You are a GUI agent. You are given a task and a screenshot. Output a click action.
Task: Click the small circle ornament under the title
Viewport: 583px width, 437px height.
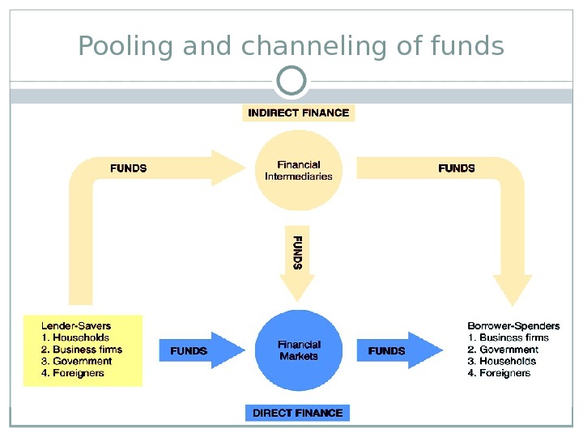tap(291, 81)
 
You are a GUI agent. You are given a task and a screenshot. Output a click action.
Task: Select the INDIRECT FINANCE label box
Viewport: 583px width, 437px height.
tap(299, 112)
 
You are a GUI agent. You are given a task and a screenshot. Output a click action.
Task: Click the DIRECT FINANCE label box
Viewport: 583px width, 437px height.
tap(297, 413)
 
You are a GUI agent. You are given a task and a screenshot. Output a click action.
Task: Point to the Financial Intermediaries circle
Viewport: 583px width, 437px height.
tap(298, 170)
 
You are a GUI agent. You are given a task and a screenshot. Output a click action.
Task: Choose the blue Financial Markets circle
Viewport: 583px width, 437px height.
tap(298, 350)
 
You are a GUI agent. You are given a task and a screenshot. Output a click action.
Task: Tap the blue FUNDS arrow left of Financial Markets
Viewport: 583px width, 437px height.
tap(199, 350)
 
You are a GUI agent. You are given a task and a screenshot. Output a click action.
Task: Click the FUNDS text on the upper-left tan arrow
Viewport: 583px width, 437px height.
tap(128, 168)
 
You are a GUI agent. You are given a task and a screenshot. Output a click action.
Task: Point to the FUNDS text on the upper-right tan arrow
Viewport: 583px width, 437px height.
tap(456, 168)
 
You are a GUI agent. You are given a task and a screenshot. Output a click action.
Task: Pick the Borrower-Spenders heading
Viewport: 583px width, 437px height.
tap(513, 326)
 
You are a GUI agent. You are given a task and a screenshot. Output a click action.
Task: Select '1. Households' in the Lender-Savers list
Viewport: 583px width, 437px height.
tap(74, 337)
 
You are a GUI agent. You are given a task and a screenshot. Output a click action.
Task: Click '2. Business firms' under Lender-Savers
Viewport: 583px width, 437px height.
tap(81, 350)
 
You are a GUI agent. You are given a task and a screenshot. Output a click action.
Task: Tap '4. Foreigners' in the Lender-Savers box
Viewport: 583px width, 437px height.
tap(73, 373)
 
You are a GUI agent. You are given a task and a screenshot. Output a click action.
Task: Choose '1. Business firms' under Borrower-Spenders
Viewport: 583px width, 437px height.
tap(508, 337)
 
